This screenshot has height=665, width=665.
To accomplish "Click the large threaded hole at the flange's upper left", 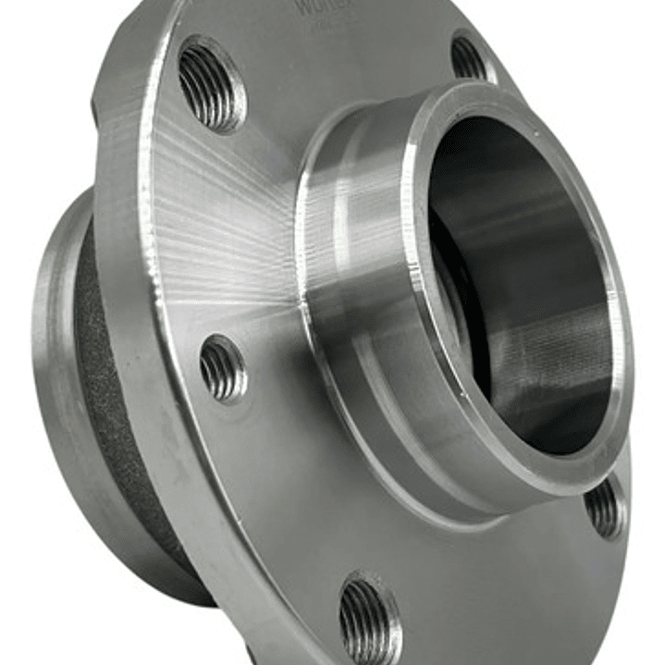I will tap(211, 84).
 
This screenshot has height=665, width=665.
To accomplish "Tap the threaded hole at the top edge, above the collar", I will tap(469, 56).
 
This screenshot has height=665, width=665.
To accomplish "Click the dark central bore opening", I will tap(518, 277).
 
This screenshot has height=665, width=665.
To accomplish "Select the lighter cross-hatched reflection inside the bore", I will tap(564, 361).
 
